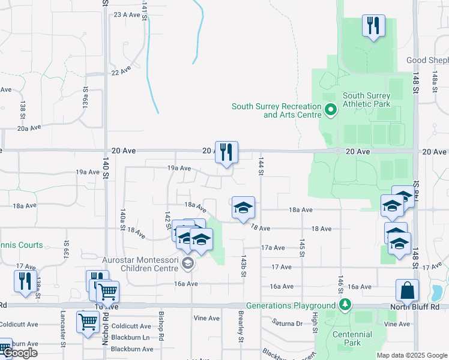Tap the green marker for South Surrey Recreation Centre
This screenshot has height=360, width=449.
click(x=330, y=110)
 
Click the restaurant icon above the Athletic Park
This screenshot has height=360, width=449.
click(x=373, y=26)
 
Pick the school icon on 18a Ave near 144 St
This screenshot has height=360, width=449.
click(x=243, y=208)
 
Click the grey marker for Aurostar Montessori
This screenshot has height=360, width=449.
click(x=188, y=263)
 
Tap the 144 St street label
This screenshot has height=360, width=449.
click(x=261, y=167)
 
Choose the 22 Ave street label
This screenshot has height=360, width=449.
click(x=121, y=71)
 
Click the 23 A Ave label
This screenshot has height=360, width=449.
click(x=126, y=14)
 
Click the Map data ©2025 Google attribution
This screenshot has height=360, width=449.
click(x=412, y=355)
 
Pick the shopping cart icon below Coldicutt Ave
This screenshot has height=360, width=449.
click(x=88, y=322)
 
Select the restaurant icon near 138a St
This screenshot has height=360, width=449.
click(x=25, y=281)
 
